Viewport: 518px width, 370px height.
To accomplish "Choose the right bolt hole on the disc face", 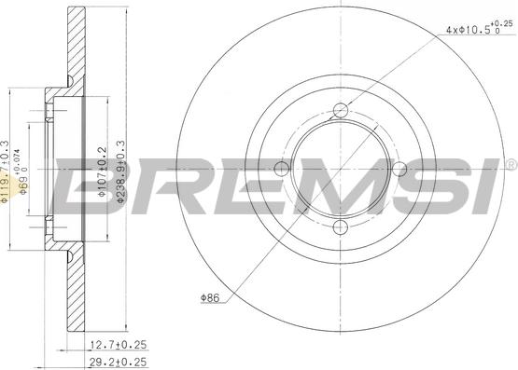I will click(399, 168).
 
